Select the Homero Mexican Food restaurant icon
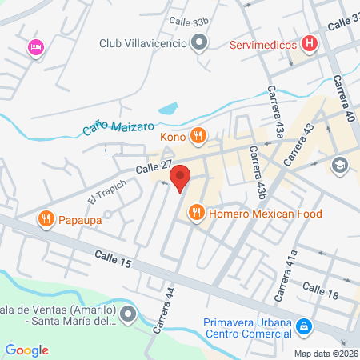pos(195,213)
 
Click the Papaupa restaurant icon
pos(46,217)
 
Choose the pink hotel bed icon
pos(35,49)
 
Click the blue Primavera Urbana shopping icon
pos(304,327)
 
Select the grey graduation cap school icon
pos(339,164)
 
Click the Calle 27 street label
pos(154,167)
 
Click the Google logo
pos(26,350)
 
